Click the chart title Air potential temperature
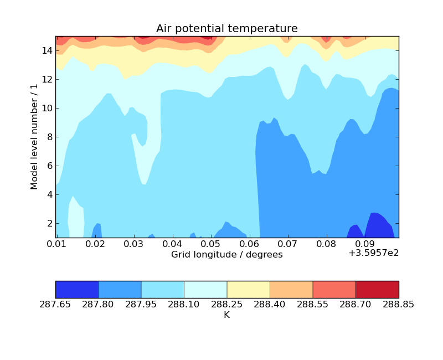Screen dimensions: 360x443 click(226, 29)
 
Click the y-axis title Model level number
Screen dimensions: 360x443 click(34, 137)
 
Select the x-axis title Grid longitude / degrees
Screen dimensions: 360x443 click(226, 255)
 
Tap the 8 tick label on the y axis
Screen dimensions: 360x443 click(49, 137)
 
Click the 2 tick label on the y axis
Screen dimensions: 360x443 click(49, 223)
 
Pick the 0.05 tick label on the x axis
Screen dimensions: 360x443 click(210, 244)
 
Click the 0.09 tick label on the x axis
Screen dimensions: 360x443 click(364, 244)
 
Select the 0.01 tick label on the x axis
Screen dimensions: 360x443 click(57, 244)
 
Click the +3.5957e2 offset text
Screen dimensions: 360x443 click(373, 253)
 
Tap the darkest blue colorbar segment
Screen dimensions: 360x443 click(77, 290)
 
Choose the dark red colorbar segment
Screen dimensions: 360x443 click(377, 290)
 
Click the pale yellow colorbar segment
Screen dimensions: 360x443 click(249, 290)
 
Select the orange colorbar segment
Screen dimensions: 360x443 click(291, 290)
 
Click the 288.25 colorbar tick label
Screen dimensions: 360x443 click(227, 304)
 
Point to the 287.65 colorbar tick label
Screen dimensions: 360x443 click(55, 304)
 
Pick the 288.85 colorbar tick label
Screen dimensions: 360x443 click(398, 304)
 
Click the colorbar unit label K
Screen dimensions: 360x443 click(226, 315)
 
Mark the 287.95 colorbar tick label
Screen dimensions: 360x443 click(141, 304)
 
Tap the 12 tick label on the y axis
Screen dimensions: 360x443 click(47, 79)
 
